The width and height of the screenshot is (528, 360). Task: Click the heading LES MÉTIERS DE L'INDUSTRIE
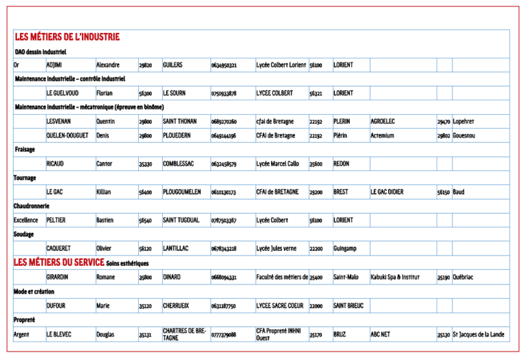[67, 36]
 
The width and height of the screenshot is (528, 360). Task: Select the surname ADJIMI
[55, 65]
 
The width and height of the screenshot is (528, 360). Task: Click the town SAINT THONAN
[179, 122]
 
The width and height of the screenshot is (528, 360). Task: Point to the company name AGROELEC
[383, 122]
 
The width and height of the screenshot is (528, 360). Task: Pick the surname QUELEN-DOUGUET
[67, 135]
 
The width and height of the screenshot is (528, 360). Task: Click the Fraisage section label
[25, 149]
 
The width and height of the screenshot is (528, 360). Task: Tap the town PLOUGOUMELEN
[181, 192]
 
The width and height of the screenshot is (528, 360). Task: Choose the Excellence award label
[26, 221]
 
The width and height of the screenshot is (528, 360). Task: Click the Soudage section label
[24, 234]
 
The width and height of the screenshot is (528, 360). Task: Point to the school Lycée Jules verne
[276, 248]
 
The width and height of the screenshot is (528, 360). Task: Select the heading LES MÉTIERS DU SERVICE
[58, 262]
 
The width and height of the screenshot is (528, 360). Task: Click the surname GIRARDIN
[61, 278]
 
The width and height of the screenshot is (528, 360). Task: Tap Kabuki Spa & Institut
[395, 278]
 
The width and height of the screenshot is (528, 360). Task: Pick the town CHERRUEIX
[176, 306]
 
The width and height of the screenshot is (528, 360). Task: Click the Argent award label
[22, 335]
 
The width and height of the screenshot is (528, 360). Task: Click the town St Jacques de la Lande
[479, 335]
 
